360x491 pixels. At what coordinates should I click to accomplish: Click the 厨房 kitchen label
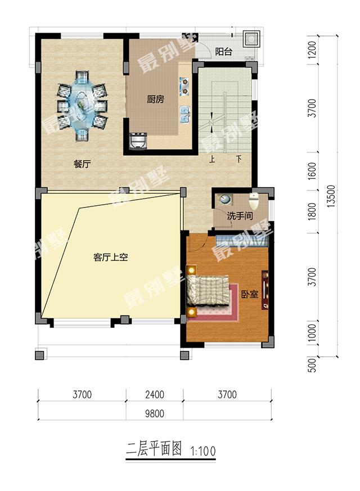point(156,99)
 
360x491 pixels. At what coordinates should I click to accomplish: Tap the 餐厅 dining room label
point(82,164)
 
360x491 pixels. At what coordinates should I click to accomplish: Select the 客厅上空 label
point(110,258)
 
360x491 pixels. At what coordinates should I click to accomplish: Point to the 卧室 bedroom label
point(250,294)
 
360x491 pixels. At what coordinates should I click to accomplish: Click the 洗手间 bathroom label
point(240,215)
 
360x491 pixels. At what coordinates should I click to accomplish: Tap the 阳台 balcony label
point(223,52)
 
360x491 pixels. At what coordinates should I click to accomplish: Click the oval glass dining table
point(82,106)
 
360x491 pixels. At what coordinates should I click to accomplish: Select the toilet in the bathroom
point(254,201)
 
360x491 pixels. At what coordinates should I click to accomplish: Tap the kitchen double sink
point(185,114)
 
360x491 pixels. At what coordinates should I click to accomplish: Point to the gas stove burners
point(184,87)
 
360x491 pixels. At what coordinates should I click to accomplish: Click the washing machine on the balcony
point(251,39)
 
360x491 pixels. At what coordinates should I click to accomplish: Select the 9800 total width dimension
point(155,413)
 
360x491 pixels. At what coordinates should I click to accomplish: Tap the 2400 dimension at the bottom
point(155,395)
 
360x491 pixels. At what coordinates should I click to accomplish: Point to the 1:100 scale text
point(203,451)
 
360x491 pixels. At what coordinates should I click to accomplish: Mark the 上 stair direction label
point(212,159)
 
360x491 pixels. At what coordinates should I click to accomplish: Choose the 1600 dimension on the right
point(312,171)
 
